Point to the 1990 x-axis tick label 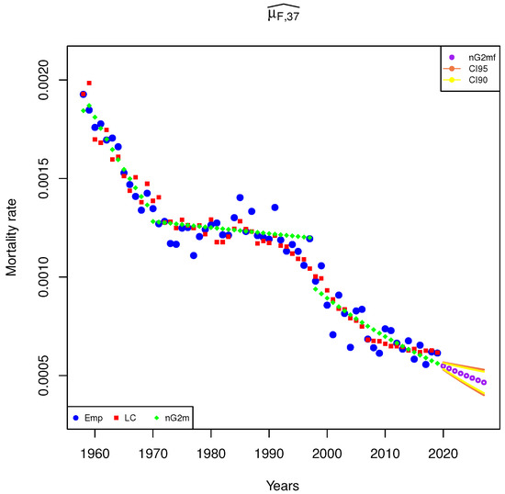269,453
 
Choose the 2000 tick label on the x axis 327,453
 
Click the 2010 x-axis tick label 386,453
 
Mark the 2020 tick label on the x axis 443,453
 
